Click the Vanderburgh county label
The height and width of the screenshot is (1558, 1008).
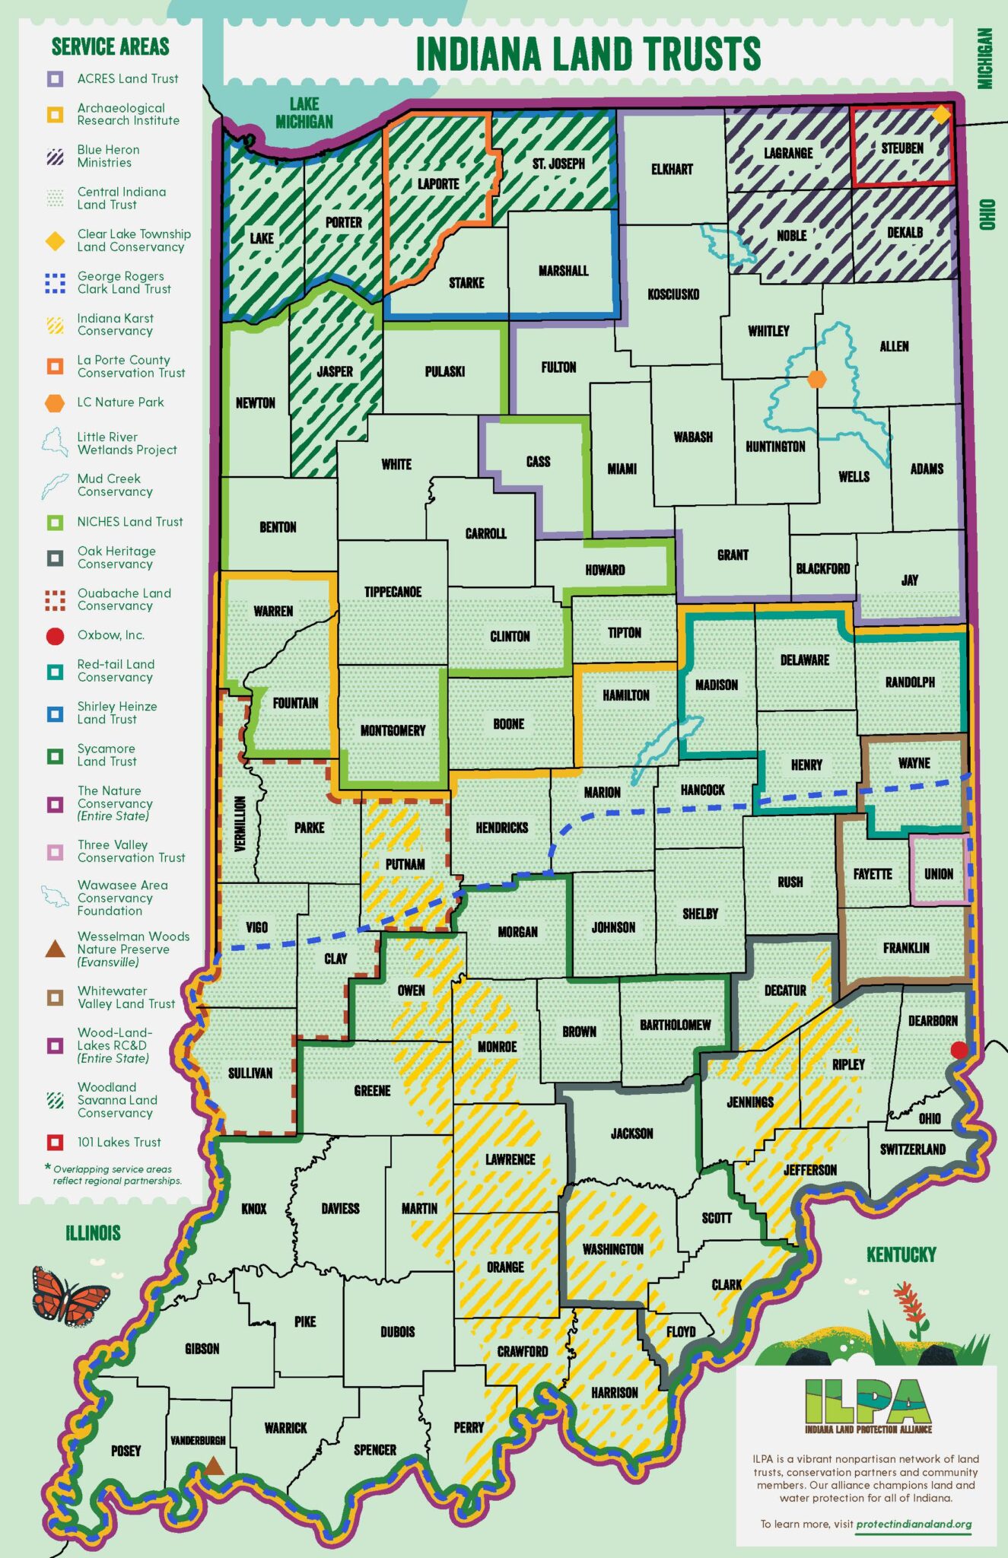coord(198,1440)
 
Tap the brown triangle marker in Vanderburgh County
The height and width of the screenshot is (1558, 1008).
coord(214,1466)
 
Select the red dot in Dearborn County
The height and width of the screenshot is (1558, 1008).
coord(959,1050)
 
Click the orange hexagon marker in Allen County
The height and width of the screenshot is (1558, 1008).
coord(816,379)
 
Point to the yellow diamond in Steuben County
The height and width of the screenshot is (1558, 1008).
coord(941,115)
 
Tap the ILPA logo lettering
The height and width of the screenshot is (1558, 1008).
coord(868,1401)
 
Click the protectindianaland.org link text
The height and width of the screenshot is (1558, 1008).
coord(914,1524)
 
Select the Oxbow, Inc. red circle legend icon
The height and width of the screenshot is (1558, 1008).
coord(55,636)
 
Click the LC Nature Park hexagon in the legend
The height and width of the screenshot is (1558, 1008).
coord(55,403)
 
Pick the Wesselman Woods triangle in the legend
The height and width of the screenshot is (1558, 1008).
coord(55,949)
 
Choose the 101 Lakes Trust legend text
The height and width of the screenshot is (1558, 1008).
coord(119,1142)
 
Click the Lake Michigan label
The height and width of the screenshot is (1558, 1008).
coord(304,113)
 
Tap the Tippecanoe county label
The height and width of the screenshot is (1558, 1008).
coord(393,592)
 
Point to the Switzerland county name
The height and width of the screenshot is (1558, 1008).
coord(912,1149)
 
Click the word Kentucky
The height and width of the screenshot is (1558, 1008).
coord(901,1254)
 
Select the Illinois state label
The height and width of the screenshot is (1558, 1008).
coord(93,1233)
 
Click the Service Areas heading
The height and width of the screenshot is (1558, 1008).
coord(110,47)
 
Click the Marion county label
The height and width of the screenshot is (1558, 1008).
coord(602,793)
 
